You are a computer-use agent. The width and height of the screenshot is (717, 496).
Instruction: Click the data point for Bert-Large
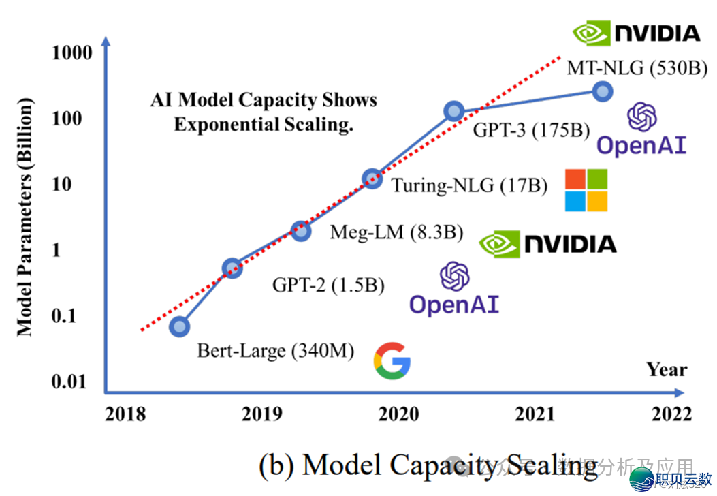179,327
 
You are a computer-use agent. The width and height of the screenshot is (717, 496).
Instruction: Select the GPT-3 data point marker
454,111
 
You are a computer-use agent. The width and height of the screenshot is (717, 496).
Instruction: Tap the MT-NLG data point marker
602,91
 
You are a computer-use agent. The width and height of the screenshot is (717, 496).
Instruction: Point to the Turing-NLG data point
372,179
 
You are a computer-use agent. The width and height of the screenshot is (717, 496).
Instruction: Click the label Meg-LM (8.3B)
396,232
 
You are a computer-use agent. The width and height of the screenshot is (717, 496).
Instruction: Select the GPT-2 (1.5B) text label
328,285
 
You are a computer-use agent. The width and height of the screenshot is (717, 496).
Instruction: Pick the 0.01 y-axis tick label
71,382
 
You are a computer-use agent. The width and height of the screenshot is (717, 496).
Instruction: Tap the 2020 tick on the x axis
399,414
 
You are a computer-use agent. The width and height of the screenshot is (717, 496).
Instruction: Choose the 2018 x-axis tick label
127,414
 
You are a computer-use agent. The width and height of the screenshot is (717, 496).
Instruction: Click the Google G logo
392,361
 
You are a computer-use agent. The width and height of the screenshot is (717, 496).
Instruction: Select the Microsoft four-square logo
586,190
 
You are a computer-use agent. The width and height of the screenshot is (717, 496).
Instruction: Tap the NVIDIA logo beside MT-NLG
636,33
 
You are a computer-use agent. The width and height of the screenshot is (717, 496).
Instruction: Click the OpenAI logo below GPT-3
641,131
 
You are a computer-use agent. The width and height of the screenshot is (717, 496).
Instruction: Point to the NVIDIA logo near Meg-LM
548,244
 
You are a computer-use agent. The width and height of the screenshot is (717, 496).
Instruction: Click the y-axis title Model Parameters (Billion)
25,217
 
